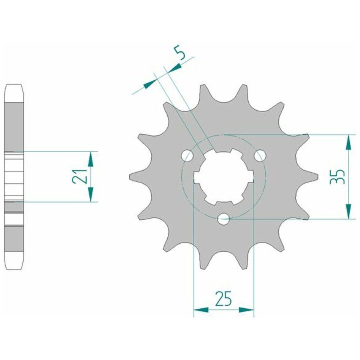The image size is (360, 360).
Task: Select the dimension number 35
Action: tap(337, 177)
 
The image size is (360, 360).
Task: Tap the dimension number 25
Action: tap(223, 299)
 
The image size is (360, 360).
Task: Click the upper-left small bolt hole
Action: tap(187, 156)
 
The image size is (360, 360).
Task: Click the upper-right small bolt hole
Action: tap(260, 156)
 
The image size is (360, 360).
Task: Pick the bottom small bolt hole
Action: tap(223, 219)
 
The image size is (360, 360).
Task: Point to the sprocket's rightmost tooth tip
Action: tap(318, 177)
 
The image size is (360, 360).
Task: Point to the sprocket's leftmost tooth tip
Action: tap(129, 177)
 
